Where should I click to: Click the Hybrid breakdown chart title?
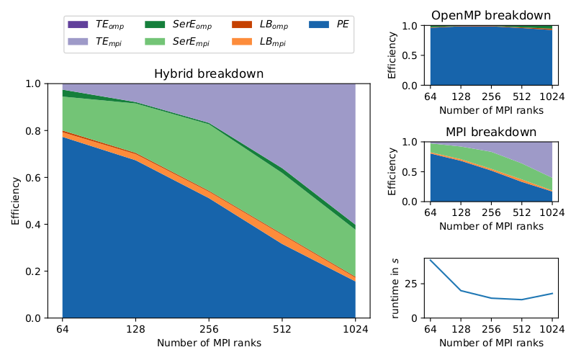pos(209,74)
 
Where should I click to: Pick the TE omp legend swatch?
pos(79,24)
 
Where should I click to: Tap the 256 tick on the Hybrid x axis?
pos(209,330)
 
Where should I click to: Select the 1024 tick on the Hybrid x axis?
pos(355,330)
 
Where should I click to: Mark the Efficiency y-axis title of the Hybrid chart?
pos(16,201)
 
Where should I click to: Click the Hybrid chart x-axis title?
pos(209,343)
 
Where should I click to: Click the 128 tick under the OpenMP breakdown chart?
pos(460,97)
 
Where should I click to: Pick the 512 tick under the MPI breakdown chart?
pos(521,213)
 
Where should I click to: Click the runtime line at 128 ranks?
pos(460,291)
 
